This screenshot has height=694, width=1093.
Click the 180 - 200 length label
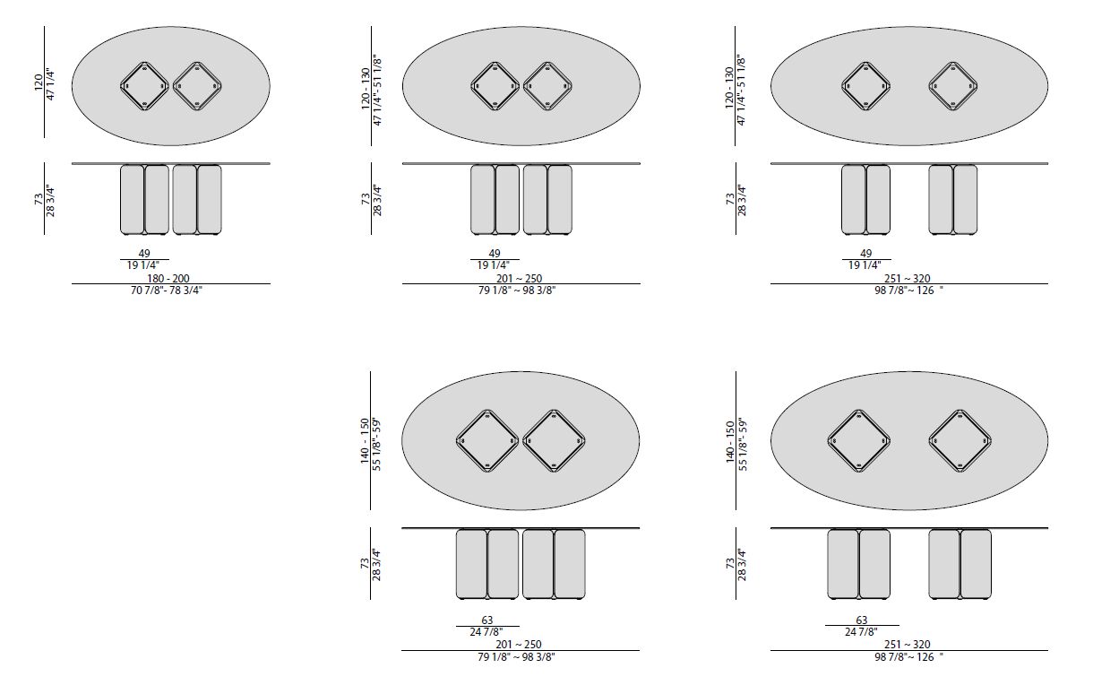pyautogui.click(x=168, y=278)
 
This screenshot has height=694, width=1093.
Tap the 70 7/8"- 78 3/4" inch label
pyautogui.click(x=167, y=291)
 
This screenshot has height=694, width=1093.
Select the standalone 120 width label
pyautogui.click(x=39, y=82)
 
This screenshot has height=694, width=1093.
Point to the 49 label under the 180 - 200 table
pyautogui.click(x=144, y=254)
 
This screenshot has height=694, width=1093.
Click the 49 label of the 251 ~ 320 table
pyautogui.click(x=866, y=254)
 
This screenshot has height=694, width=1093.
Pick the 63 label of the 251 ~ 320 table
pyautogui.click(x=862, y=620)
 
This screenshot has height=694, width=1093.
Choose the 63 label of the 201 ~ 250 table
pyautogui.click(x=487, y=620)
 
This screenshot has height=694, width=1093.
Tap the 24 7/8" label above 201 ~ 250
pyautogui.click(x=486, y=632)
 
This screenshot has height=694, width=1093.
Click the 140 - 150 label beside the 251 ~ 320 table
pyautogui.click(x=730, y=442)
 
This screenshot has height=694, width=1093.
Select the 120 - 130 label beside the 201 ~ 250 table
pyautogui.click(x=366, y=89)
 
